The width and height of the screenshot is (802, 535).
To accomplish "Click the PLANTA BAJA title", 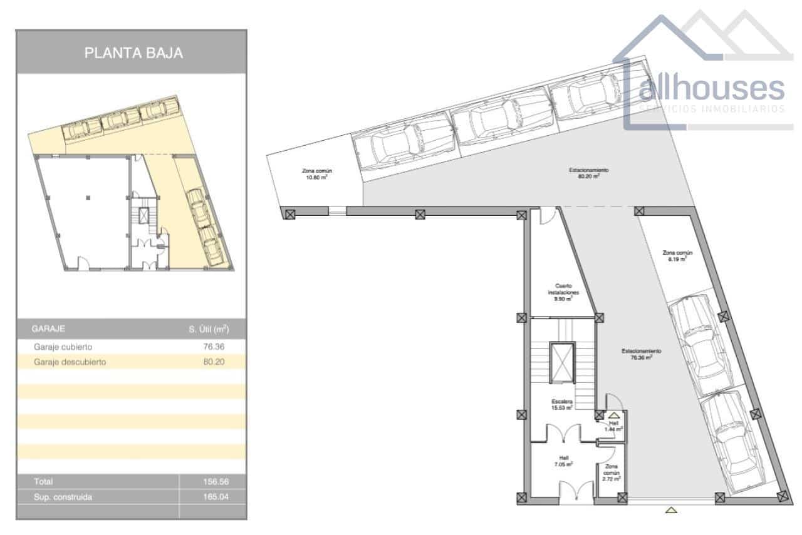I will [133, 53].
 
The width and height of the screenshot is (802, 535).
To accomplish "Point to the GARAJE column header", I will [48, 329].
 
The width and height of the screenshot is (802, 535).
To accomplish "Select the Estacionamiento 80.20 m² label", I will [589, 173].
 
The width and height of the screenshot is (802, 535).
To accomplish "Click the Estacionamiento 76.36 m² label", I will [642, 354].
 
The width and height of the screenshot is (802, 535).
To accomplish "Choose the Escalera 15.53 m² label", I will [562, 404].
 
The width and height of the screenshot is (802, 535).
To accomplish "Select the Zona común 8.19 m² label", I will [677, 255].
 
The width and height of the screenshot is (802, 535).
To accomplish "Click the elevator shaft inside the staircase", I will [561, 362].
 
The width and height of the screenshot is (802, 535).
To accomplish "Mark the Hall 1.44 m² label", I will [613, 427].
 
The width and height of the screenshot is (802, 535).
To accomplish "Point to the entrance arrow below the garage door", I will [671, 509].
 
